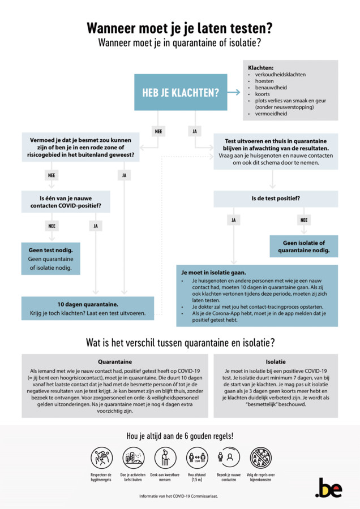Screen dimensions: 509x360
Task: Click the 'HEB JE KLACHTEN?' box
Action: click(180, 92)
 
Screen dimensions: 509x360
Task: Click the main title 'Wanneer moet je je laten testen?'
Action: click(179, 28)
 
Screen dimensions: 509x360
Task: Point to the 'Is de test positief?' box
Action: click(276, 199)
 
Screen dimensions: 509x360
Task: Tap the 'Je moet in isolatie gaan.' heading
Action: click(213, 272)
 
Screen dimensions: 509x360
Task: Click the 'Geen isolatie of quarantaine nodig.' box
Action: click(303, 246)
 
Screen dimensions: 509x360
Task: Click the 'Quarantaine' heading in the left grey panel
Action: click(115, 361)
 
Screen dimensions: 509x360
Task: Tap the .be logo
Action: click(328, 488)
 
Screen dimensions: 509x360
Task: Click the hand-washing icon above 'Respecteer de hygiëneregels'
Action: click(102, 458)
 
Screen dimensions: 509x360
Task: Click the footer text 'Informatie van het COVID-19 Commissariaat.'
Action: click(179, 496)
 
